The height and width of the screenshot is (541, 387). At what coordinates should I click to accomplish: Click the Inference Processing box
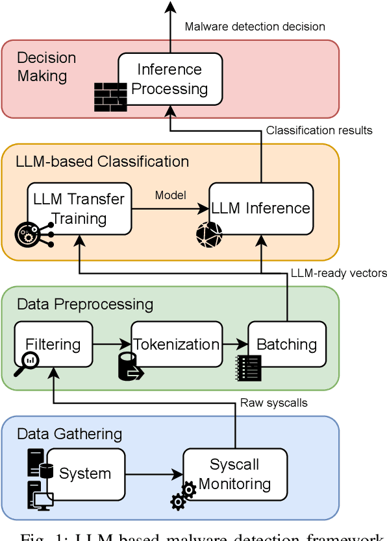point(170,78)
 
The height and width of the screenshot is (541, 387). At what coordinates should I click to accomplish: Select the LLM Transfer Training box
point(79,208)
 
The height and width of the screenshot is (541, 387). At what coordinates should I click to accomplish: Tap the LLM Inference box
point(261,208)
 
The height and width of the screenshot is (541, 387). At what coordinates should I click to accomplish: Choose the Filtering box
point(53,344)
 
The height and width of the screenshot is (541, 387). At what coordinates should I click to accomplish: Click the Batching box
point(286,344)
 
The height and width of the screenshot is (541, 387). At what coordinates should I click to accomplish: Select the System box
point(85,474)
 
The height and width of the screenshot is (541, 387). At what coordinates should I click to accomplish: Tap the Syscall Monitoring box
point(234,474)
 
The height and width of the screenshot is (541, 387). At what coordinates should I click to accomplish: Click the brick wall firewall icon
point(110,97)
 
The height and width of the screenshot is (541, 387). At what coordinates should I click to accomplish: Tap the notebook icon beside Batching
point(249,368)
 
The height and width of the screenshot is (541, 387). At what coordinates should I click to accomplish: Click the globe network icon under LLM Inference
point(209,235)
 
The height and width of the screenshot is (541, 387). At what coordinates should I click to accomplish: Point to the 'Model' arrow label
point(170,195)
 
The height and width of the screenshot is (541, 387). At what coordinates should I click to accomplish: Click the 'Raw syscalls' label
point(273,403)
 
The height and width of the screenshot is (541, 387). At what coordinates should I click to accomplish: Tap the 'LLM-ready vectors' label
point(338,273)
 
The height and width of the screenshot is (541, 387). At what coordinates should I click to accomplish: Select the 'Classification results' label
point(319,130)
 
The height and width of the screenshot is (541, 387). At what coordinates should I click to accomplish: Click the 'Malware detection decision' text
point(255,27)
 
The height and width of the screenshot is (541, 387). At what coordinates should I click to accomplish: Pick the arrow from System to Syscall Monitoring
point(153,474)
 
